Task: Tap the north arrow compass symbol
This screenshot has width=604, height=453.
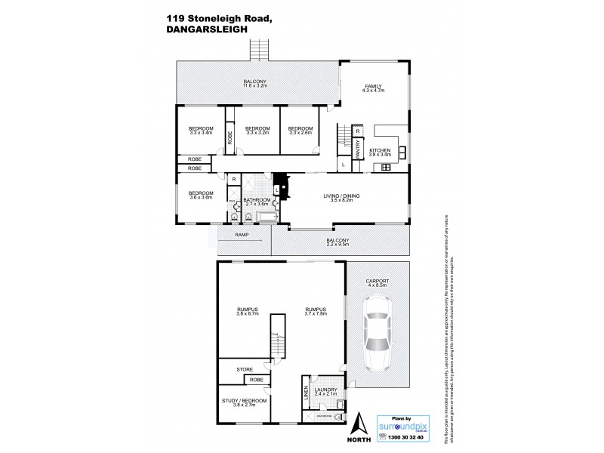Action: [x=362, y=425]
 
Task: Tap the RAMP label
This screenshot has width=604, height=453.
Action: [x=242, y=236]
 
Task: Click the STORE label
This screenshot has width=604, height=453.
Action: [x=244, y=369]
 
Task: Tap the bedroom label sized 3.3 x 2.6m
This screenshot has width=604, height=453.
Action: [x=300, y=131]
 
